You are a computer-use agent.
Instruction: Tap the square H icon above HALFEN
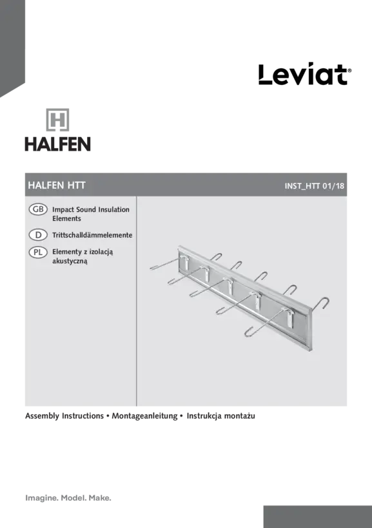click(x=57, y=120)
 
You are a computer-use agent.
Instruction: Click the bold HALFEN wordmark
click(x=57, y=144)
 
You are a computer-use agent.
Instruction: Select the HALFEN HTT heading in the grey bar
click(x=57, y=185)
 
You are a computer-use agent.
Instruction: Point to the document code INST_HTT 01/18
click(x=315, y=186)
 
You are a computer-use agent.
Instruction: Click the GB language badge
click(x=38, y=209)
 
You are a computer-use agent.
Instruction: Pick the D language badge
click(x=38, y=235)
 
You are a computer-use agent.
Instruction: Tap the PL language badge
click(x=38, y=252)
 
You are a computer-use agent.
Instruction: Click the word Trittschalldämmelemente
click(x=92, y=235)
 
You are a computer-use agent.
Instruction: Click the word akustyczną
click(x=70, y=261)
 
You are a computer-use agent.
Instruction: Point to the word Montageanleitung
click(x=144, y=416)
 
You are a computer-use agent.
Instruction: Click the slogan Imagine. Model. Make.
click(x=68, y=498)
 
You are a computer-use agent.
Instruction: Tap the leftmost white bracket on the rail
click(x=184, y=262)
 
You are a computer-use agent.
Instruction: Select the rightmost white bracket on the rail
click(x=289, y=318)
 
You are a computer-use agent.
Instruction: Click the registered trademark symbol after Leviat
click(x=349, y=71)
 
